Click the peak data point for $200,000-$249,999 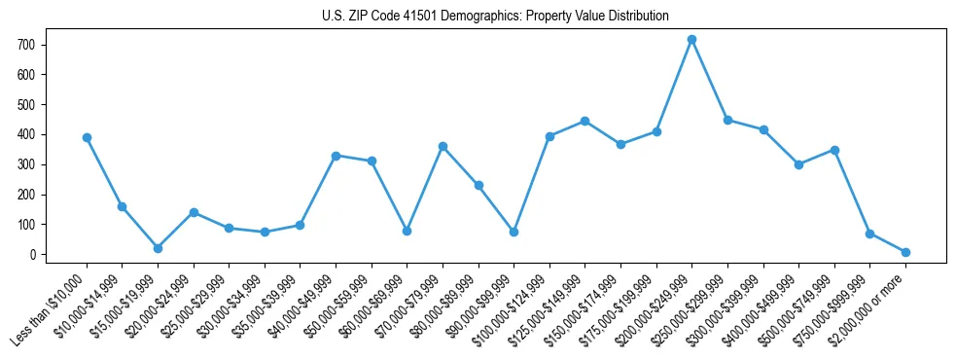tap(691, 40)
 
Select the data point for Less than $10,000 tap(87, 137)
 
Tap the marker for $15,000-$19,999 tap(158, 248)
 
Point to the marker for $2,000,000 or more tap(905, 252)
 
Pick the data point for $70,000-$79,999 tap(443, 146)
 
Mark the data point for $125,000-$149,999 tap(584, 121)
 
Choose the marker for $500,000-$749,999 tap(834, 150)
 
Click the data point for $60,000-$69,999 tap(407, 231)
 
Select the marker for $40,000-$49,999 tap(336, 156)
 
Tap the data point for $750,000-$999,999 tap(869, 234)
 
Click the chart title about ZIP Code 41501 tap(495, 16)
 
